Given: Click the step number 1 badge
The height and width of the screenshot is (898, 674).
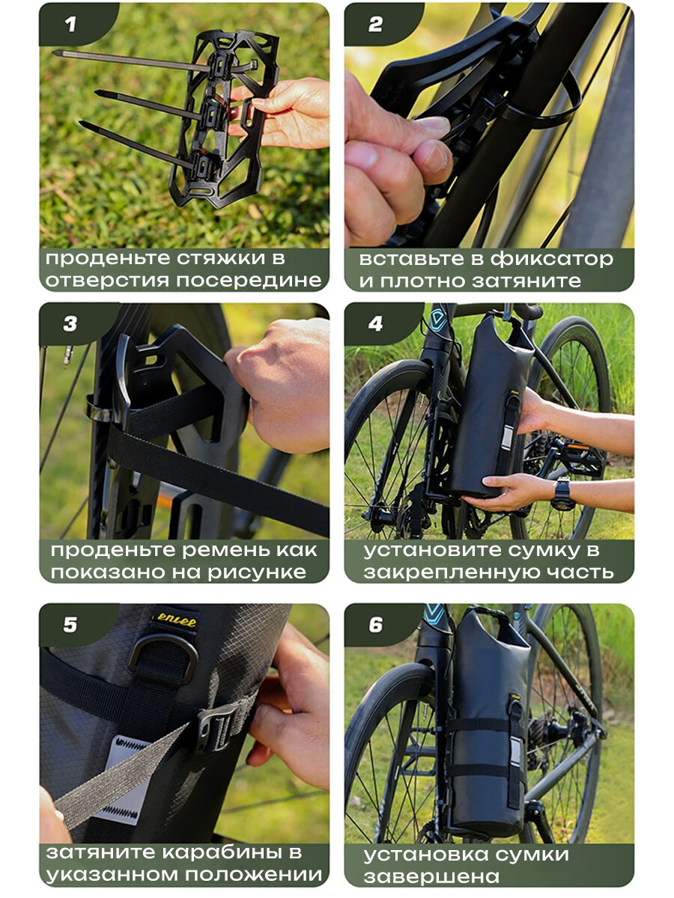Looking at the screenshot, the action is [70, 25].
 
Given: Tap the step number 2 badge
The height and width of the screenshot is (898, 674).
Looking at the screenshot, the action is [375, 25].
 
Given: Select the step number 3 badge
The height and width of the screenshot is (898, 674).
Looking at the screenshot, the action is [70, 324].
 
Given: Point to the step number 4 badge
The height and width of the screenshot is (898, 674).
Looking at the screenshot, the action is [375, 324].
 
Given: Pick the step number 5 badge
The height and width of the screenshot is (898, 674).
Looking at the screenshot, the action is [70, 625].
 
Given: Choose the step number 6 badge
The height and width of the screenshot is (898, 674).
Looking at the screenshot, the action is [375, 625].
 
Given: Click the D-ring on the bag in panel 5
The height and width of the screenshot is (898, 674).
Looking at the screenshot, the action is [163, 655].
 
